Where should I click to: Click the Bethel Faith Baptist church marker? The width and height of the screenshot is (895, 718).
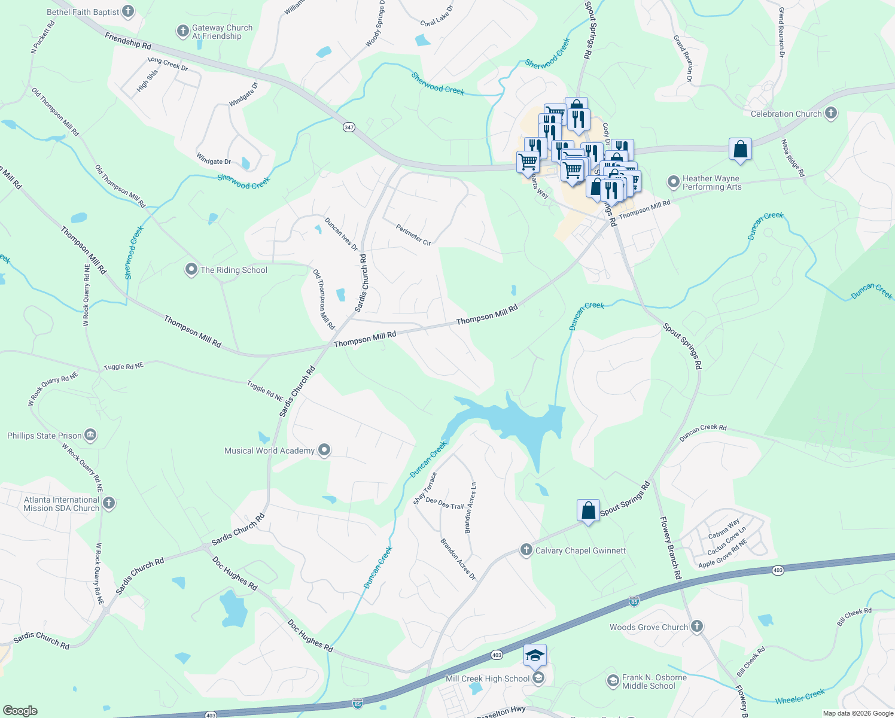(x=128, y=11)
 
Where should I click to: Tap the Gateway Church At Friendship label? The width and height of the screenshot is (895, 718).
(x=222, y=32)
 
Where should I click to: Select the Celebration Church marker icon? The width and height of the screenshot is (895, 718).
(x=830, y=113)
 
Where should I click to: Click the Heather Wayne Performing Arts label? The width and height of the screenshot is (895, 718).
(x=711, y=183)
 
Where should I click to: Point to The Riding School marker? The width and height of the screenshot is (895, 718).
(x=191, y=270)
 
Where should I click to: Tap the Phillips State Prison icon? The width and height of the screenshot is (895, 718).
(x=90, y=435)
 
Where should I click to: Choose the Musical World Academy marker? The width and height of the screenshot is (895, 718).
(x=324, y=450)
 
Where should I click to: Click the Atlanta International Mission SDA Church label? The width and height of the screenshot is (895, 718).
(x=61, y=504)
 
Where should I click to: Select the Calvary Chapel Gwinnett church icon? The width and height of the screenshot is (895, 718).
(x=526, y=550)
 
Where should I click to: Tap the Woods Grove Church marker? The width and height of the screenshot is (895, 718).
(x=696, y=626)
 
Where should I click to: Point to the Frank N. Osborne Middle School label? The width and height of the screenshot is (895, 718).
(x=654, y=682)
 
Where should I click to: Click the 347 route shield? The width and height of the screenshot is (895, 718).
(x=349, y=127)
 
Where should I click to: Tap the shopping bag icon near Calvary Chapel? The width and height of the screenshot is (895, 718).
(x=588, y=510)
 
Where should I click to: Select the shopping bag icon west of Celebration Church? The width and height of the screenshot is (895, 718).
(x=740, y=150)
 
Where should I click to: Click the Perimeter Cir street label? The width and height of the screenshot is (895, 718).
(x=413, y=235)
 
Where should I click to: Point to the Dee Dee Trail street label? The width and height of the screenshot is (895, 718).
(x=445, y=504)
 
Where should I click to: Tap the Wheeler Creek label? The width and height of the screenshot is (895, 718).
(x=800, y=696)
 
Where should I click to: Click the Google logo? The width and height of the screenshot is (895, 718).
(x=20, y=710)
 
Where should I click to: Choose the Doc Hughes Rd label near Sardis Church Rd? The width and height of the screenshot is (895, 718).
(x=235, y=574)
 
